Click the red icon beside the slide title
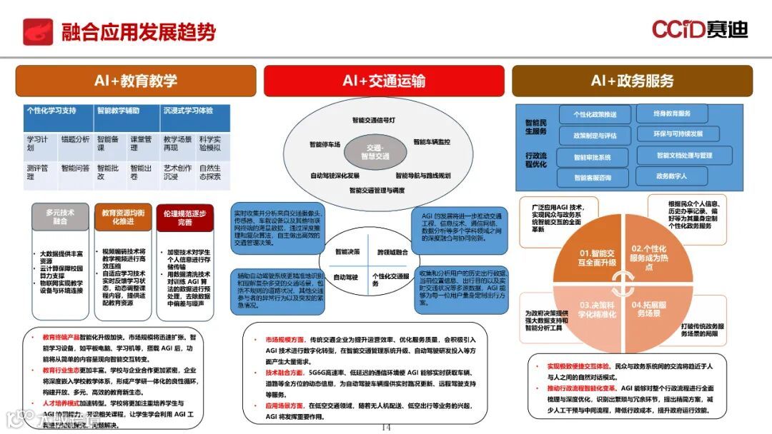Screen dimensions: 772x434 (37, 31)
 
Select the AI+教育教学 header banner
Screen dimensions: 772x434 (135, 81)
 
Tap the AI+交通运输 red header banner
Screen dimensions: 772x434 (384, 81)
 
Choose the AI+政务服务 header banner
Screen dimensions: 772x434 (632, 81)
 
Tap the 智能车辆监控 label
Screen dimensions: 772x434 (432, 141)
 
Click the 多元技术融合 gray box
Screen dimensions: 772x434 (60, 217)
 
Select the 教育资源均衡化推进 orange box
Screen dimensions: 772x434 (123, 217)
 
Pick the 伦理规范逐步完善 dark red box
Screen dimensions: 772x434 (185, 217)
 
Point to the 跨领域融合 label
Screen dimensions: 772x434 (392, 251)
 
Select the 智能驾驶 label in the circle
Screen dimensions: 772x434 (347, 276)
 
